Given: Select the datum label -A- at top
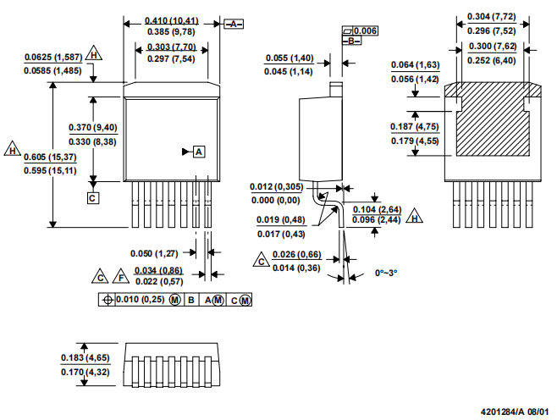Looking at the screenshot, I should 234,24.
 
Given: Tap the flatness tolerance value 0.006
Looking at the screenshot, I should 366,30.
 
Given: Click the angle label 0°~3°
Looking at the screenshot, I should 385,274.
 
